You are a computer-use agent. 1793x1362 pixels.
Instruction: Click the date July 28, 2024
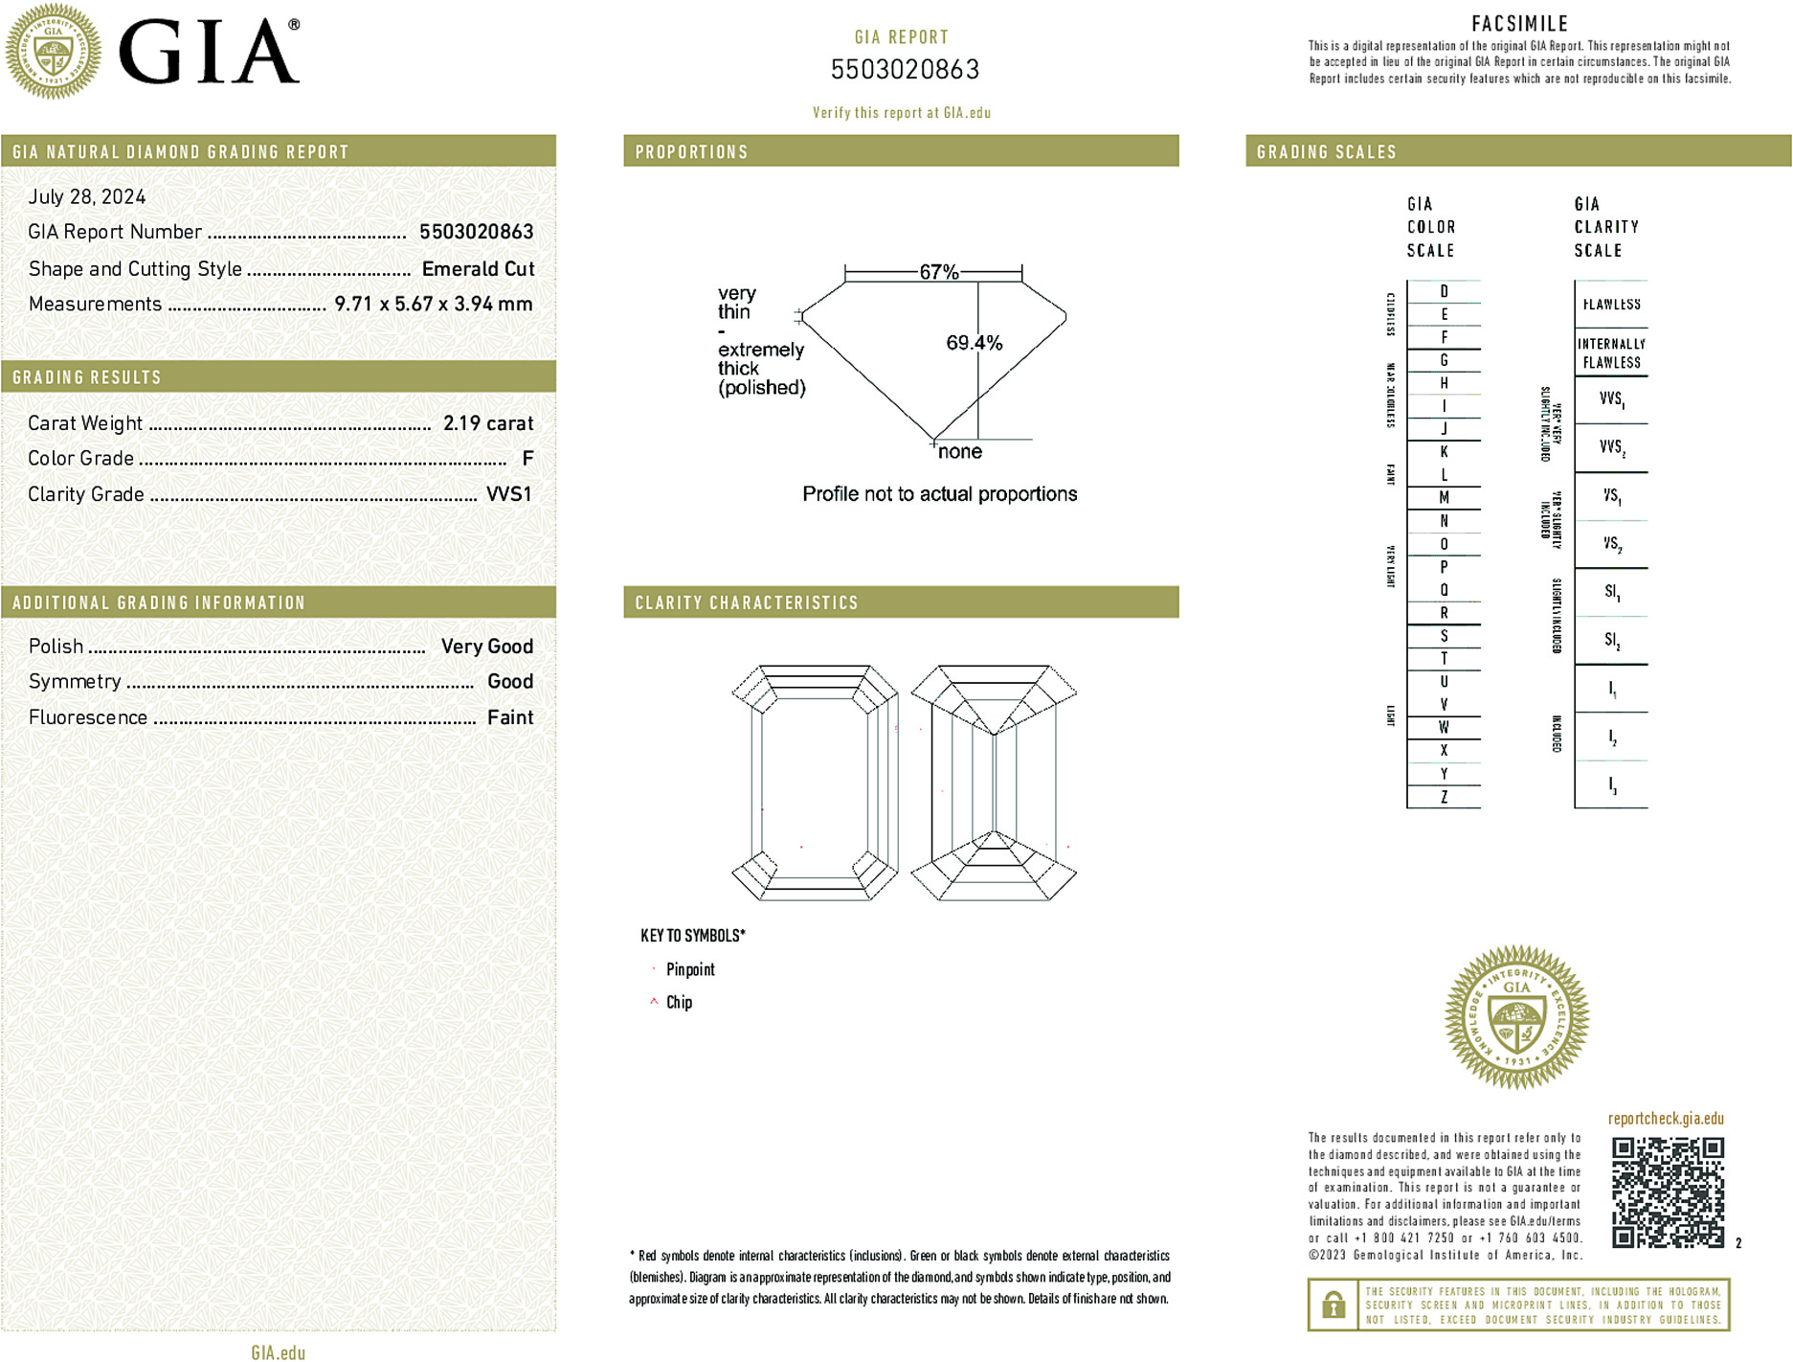click(x=87, y=197)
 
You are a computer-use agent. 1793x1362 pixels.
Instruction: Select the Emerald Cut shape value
click(x=478, y=269)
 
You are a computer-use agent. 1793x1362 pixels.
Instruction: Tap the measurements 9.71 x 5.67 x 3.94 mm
click(x=433, y=305)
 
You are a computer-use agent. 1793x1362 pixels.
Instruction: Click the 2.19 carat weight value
click(x=487, y=423)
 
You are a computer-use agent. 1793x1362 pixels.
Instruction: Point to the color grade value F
click(x=527, y=459)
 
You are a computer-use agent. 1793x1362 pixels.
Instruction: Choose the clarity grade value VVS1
click(x=508, y=494)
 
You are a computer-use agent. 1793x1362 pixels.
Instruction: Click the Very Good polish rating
click(x=486, y=647)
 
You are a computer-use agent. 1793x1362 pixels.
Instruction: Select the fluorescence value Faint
click(x=509, y=717)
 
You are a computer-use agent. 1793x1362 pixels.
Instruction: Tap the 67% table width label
click(x=938, y=272)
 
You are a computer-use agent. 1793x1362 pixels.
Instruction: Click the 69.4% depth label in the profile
click(x=974, y=343)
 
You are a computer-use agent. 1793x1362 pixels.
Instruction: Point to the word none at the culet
click(x=960, y=452)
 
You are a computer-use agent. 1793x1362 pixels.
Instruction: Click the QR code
click(x=1668, y=1192)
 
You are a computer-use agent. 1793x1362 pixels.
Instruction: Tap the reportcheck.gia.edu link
click(x=1666, y=1119)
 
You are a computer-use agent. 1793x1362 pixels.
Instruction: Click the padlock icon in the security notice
click(x=1333, y=1305)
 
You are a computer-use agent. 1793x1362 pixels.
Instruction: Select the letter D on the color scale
click(x=1444, y=291)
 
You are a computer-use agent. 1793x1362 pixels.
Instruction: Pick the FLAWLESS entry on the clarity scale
click(x=1611, y=305)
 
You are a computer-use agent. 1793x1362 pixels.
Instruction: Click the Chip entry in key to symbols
click(x=679, y=1002)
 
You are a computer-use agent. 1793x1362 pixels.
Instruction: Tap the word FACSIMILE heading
click(x=1519, y=24)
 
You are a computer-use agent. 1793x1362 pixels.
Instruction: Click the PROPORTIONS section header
click(x=691, y=152)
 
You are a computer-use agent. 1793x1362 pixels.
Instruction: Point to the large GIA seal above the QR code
click(x=1516, y=1017)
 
